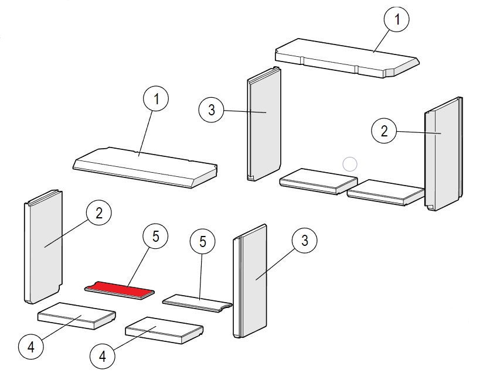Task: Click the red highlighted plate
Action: point(120,290)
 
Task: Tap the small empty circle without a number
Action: point(350,165)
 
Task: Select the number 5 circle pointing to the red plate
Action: point(155,237)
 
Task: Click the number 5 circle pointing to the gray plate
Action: point(203,241)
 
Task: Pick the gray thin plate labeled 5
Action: point(197,303)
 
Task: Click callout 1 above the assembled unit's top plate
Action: point(397,19)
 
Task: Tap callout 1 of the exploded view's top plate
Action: point(156,98)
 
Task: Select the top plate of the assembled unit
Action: point(347,58)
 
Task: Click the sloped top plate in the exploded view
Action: point(145,167)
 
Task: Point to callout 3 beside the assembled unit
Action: point(211,110)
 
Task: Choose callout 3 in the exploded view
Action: point(305,240)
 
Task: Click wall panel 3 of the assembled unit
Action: point(264,124)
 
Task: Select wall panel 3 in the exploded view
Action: point(250,281)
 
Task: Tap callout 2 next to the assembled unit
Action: point(384,131)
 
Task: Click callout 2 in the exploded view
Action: point(99,213)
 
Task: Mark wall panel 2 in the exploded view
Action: point(43,246)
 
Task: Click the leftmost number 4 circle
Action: point(31,347)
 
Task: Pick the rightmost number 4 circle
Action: point(102,357)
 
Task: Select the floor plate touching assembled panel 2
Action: point(386,193)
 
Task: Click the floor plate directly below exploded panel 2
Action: point(77,316)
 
